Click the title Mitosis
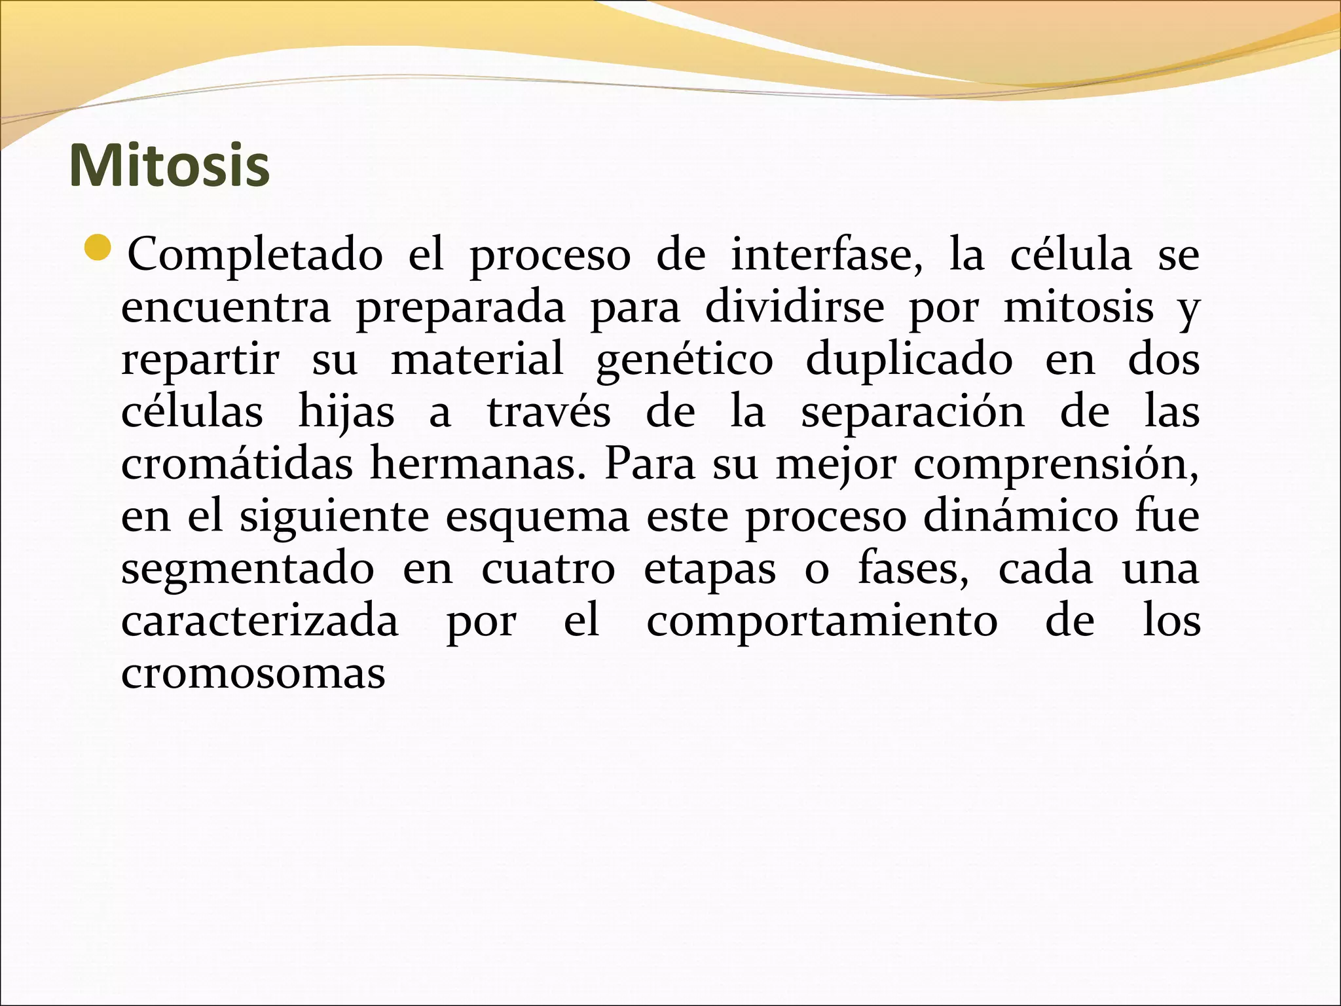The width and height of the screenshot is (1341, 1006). click(169, 166)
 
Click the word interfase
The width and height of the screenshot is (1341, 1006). click(826, 255)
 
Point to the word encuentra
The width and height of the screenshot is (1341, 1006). click(226, 307)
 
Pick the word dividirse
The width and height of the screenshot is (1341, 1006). click(794, 307)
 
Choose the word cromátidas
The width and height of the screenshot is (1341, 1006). click(237, 464)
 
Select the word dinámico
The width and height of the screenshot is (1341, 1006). click(1020, 516)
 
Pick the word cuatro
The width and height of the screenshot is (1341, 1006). click(548, 568)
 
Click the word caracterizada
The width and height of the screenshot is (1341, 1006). click(260, 621)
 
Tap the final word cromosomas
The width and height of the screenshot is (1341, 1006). click(253, 673)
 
